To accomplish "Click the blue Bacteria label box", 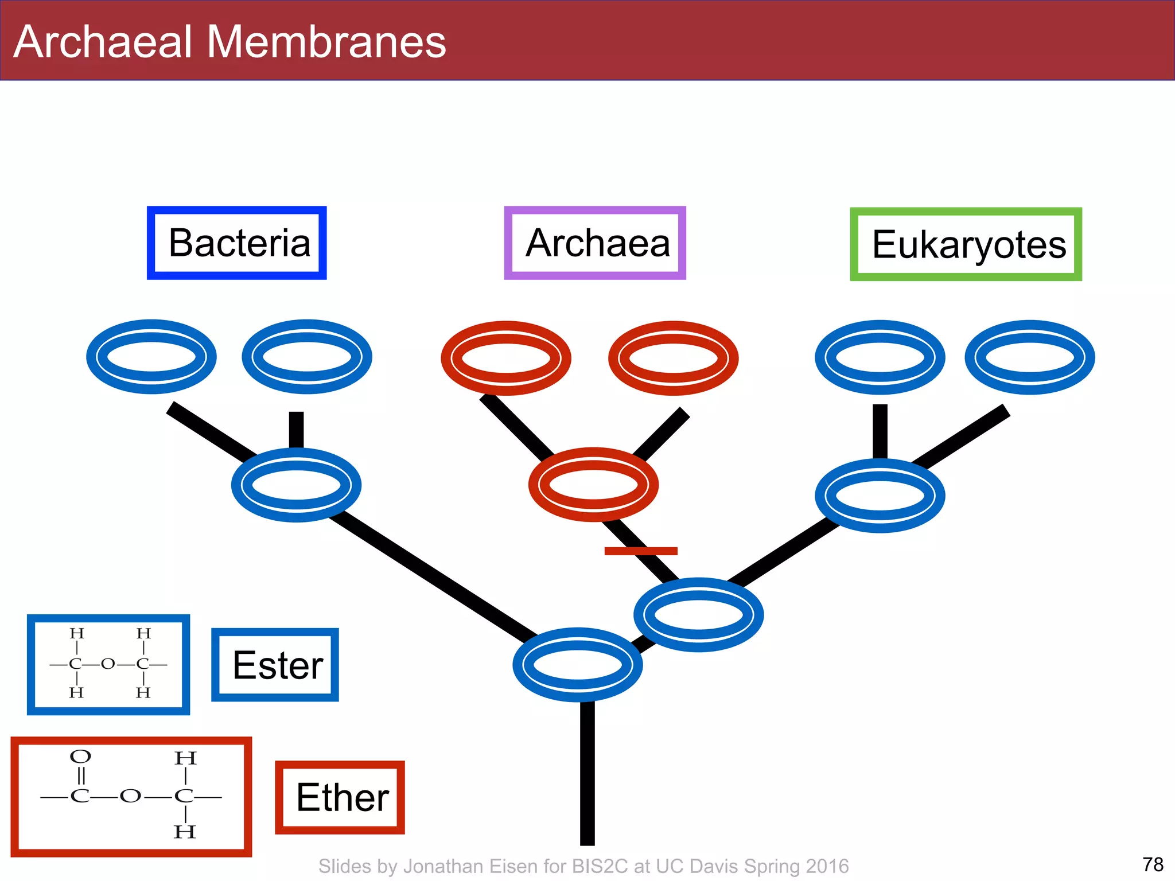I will point(237,243).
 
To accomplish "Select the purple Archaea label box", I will point(595,243).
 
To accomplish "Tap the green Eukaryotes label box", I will point(966,244).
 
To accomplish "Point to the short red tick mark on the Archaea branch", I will point(641,551).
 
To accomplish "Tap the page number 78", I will point(1153,864).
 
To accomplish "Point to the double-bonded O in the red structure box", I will point(80,757).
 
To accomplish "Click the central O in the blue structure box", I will point(108,664).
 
